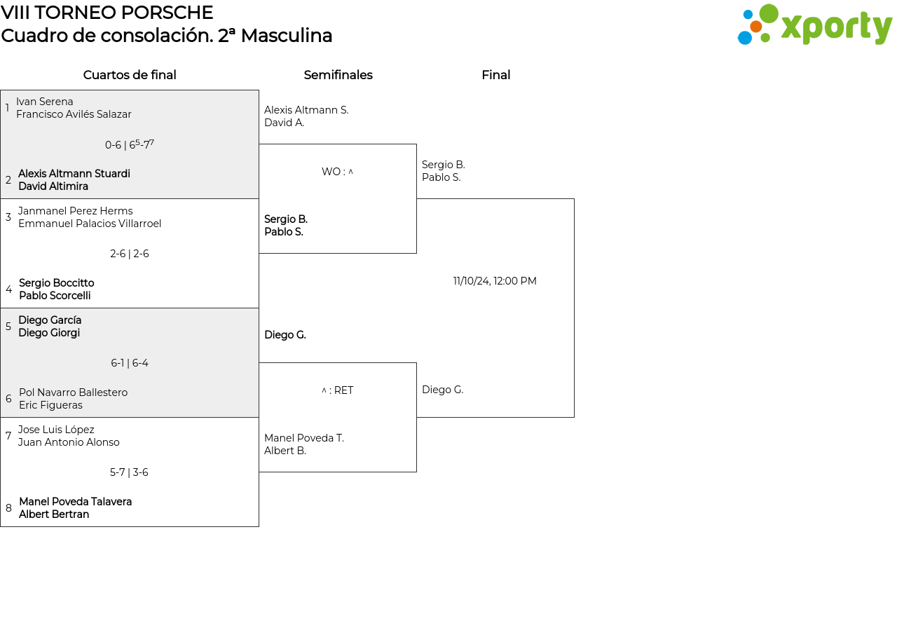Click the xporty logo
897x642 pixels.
click(x=814, y=25)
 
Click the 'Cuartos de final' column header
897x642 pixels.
click(x=130, y=75)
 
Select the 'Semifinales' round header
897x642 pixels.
click(x=338, y=75)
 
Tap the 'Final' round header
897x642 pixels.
click(x=495, y=75)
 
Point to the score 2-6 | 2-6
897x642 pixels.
click(x=130, y=254)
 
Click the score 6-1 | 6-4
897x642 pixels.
click(x=130, y=363)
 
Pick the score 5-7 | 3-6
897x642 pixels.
click(x=129, y=472)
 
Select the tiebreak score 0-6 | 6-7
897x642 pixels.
click(x=130, y=144)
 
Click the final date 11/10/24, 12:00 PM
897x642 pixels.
click(x=495, y=281)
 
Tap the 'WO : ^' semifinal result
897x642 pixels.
click(x=337, y=172)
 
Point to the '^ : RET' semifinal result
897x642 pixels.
click(x=337, y=390)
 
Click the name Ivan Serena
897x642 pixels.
click(x=44, y=102)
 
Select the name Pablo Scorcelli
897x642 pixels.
click(x=55, y=296)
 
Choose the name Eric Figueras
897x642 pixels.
click(x=51, y=405)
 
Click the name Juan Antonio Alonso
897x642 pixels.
click(x=69, y=442)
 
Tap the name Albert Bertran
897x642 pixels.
click(x=54, y=514)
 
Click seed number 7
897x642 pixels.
click(x=8, y=436)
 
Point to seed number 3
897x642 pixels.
click(x=8, y=217)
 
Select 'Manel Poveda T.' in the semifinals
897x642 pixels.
click(x=304, y=438)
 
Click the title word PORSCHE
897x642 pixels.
click(x=167, y=13)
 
